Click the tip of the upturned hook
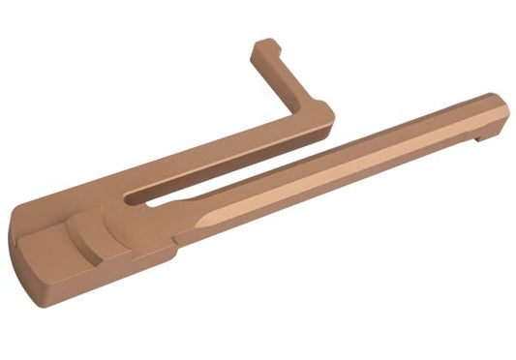[x=264, y=46]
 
